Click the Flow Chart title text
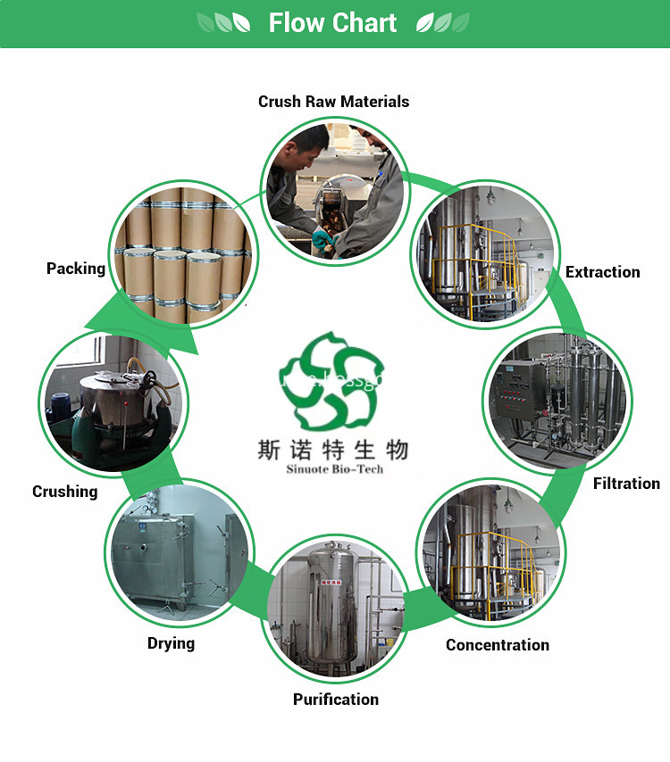pos(332,23)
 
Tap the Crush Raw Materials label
pos(333,102)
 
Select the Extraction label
pos(602,272)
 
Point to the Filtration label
pos(626,484)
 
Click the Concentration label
pos(498,645)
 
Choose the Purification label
pos(336,700)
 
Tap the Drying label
pos(171,643)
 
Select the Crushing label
pos(65,492)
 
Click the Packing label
pos(76,269)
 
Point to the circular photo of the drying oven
pos(179,553)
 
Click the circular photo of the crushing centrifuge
pos(112,402)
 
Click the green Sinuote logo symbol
pos(332,378)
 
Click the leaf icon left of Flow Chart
pos(223,23)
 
